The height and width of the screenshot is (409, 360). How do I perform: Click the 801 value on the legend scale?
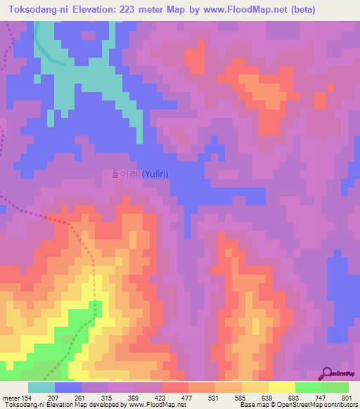tap(346, 397)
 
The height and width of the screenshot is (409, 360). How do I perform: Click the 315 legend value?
tap(108, 397)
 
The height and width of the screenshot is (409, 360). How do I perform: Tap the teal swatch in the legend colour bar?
tap(41, 387)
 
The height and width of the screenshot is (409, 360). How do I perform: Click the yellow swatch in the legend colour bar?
tap(282, 387)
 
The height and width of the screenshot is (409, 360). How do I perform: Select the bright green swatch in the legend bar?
tap(309, 387)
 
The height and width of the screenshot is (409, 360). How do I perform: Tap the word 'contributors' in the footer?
tap(339, 405)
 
